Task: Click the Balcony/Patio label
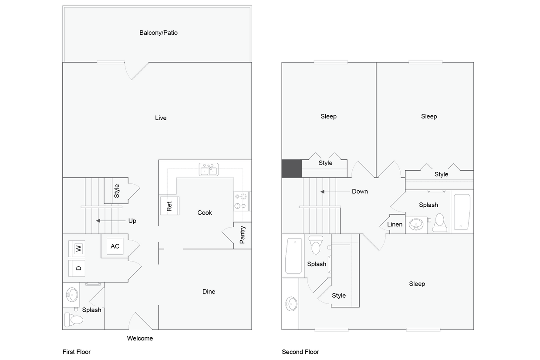[x=159, y=33]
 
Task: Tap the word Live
[x=161, y=118]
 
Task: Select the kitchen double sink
[x=209, y=169]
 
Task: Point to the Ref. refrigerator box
[x=169, y=205]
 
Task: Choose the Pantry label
[x=243, y=235]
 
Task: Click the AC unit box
[x=115, y=246]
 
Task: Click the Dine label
[x=209, y=292]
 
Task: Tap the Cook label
[x=205, y=212]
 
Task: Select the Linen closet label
[x=395, y=225]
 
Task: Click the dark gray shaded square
[x=291, y=168]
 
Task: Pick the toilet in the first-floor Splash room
[x=74, y=320]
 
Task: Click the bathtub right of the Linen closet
[x=462, y=212]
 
